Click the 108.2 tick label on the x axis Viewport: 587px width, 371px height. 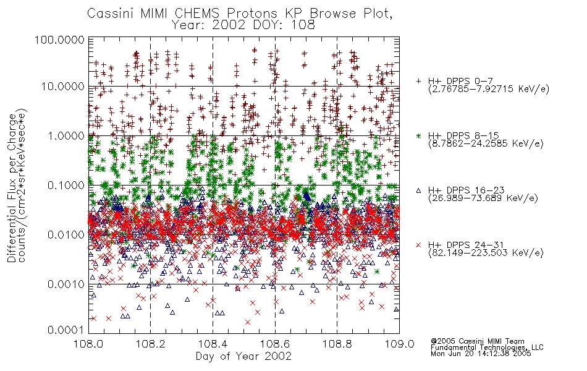(x=151, y=344)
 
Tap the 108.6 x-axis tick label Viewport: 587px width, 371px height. (x=275, y=344)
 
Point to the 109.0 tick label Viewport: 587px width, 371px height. (x=399, y=344)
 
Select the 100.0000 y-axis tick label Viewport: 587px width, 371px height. (x=59, y=40)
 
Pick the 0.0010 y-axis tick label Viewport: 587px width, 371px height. (x=66, y=284)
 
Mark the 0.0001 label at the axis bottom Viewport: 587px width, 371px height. (x=66, y=330)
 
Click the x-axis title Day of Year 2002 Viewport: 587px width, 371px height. (x=243, y=356)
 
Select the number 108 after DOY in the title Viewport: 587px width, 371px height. (x=303, y=25)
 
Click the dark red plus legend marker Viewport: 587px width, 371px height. (x=418, y=81)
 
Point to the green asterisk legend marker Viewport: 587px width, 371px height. (x=418, y=135)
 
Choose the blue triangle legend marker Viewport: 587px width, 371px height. (x=418, y=190)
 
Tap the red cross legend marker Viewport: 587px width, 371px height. (x=418, y=245)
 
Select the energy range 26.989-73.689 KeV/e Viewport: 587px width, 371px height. (x=483, y=198)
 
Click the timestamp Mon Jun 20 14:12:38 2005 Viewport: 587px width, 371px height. (x=481, y=354)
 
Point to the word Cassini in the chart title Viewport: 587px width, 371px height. (x=111, y=14)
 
